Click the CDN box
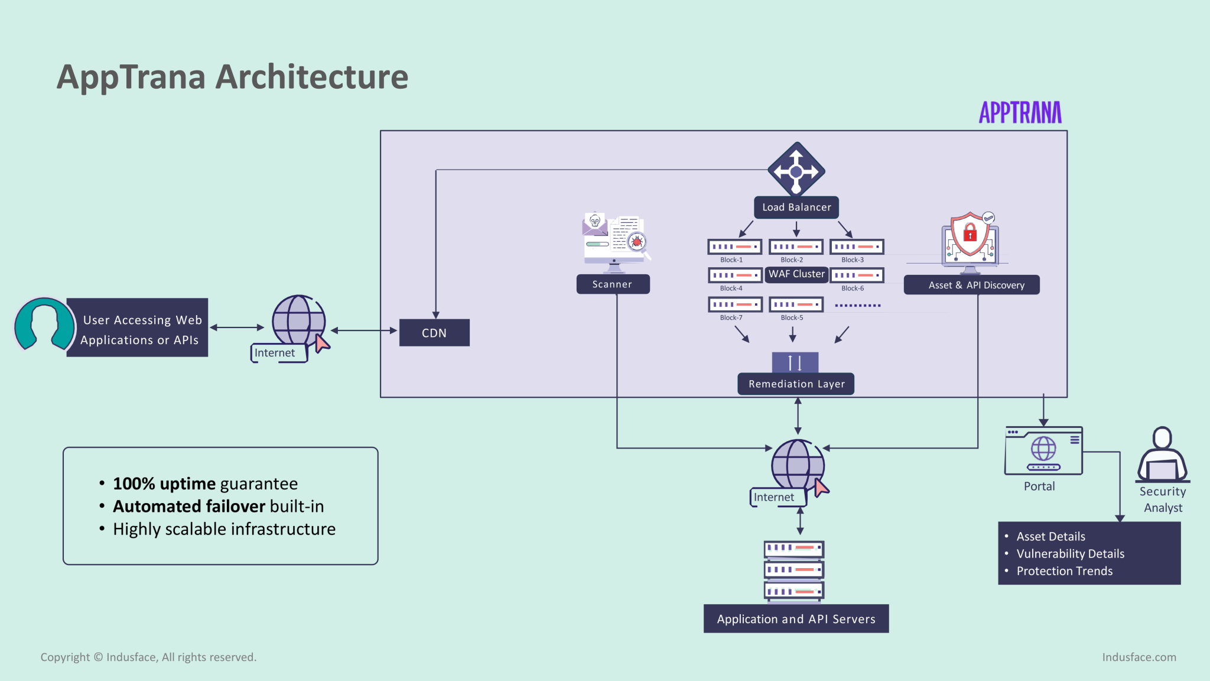434,333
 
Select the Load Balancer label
796,207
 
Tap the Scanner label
613,284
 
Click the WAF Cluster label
796,274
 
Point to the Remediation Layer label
796,384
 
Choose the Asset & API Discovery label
972,285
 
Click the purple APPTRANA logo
1020,112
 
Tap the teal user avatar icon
44,325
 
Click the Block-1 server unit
734,247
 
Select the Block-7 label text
731,318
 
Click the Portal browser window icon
1043,450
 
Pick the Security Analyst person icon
1162,455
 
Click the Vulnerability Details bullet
1070,554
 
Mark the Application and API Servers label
796,619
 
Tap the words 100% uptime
164,484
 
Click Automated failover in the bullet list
189,507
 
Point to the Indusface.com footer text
1139,657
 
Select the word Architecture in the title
312,77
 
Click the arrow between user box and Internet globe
237,327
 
